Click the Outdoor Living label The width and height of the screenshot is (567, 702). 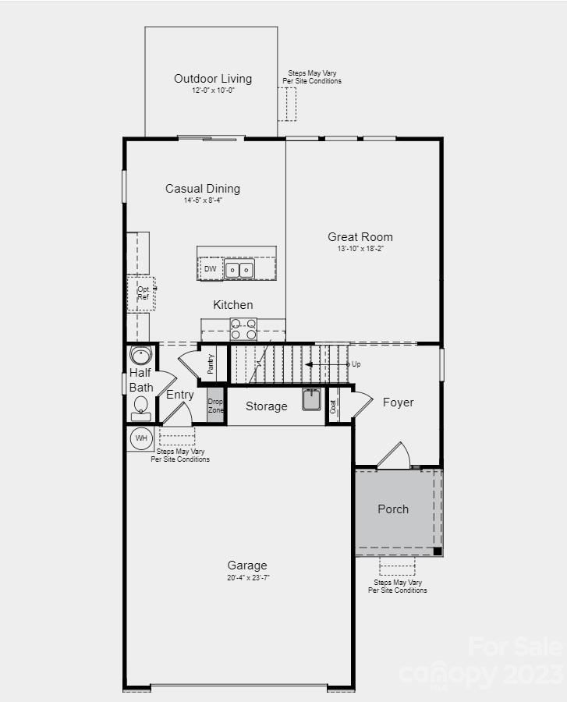click(x=212, y=79)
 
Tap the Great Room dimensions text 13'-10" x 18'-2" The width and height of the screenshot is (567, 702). click(x=360, y=249)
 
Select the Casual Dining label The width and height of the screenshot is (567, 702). click(x=203, y=189)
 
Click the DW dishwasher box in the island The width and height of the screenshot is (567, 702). click(x=211, y=269)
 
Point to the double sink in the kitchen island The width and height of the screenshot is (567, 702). click(x=239, y=270)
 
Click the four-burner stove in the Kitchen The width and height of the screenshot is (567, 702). click(x=243, y=329)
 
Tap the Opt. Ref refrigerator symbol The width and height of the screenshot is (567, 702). click(x=142, y=293)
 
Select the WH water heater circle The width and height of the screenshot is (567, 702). click(x=141, y=438)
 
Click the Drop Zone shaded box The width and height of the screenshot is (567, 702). click(x=215, y=406)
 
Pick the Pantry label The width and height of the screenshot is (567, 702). click(x=211, y=363)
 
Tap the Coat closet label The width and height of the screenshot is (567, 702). click(x=333, y=406)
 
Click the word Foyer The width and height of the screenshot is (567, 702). click(x=398, y=402)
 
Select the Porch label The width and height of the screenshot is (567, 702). click(x=393, y=509)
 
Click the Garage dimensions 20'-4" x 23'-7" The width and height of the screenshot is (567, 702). click(x=247, y=578)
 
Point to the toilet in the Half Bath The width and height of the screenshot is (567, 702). click(x=141, y=406)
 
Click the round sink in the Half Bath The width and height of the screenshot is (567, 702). click(x=140, y=356)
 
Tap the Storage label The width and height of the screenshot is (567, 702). click(x=266, y=406)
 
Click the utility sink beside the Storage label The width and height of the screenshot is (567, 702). click(x=312, y=399)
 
